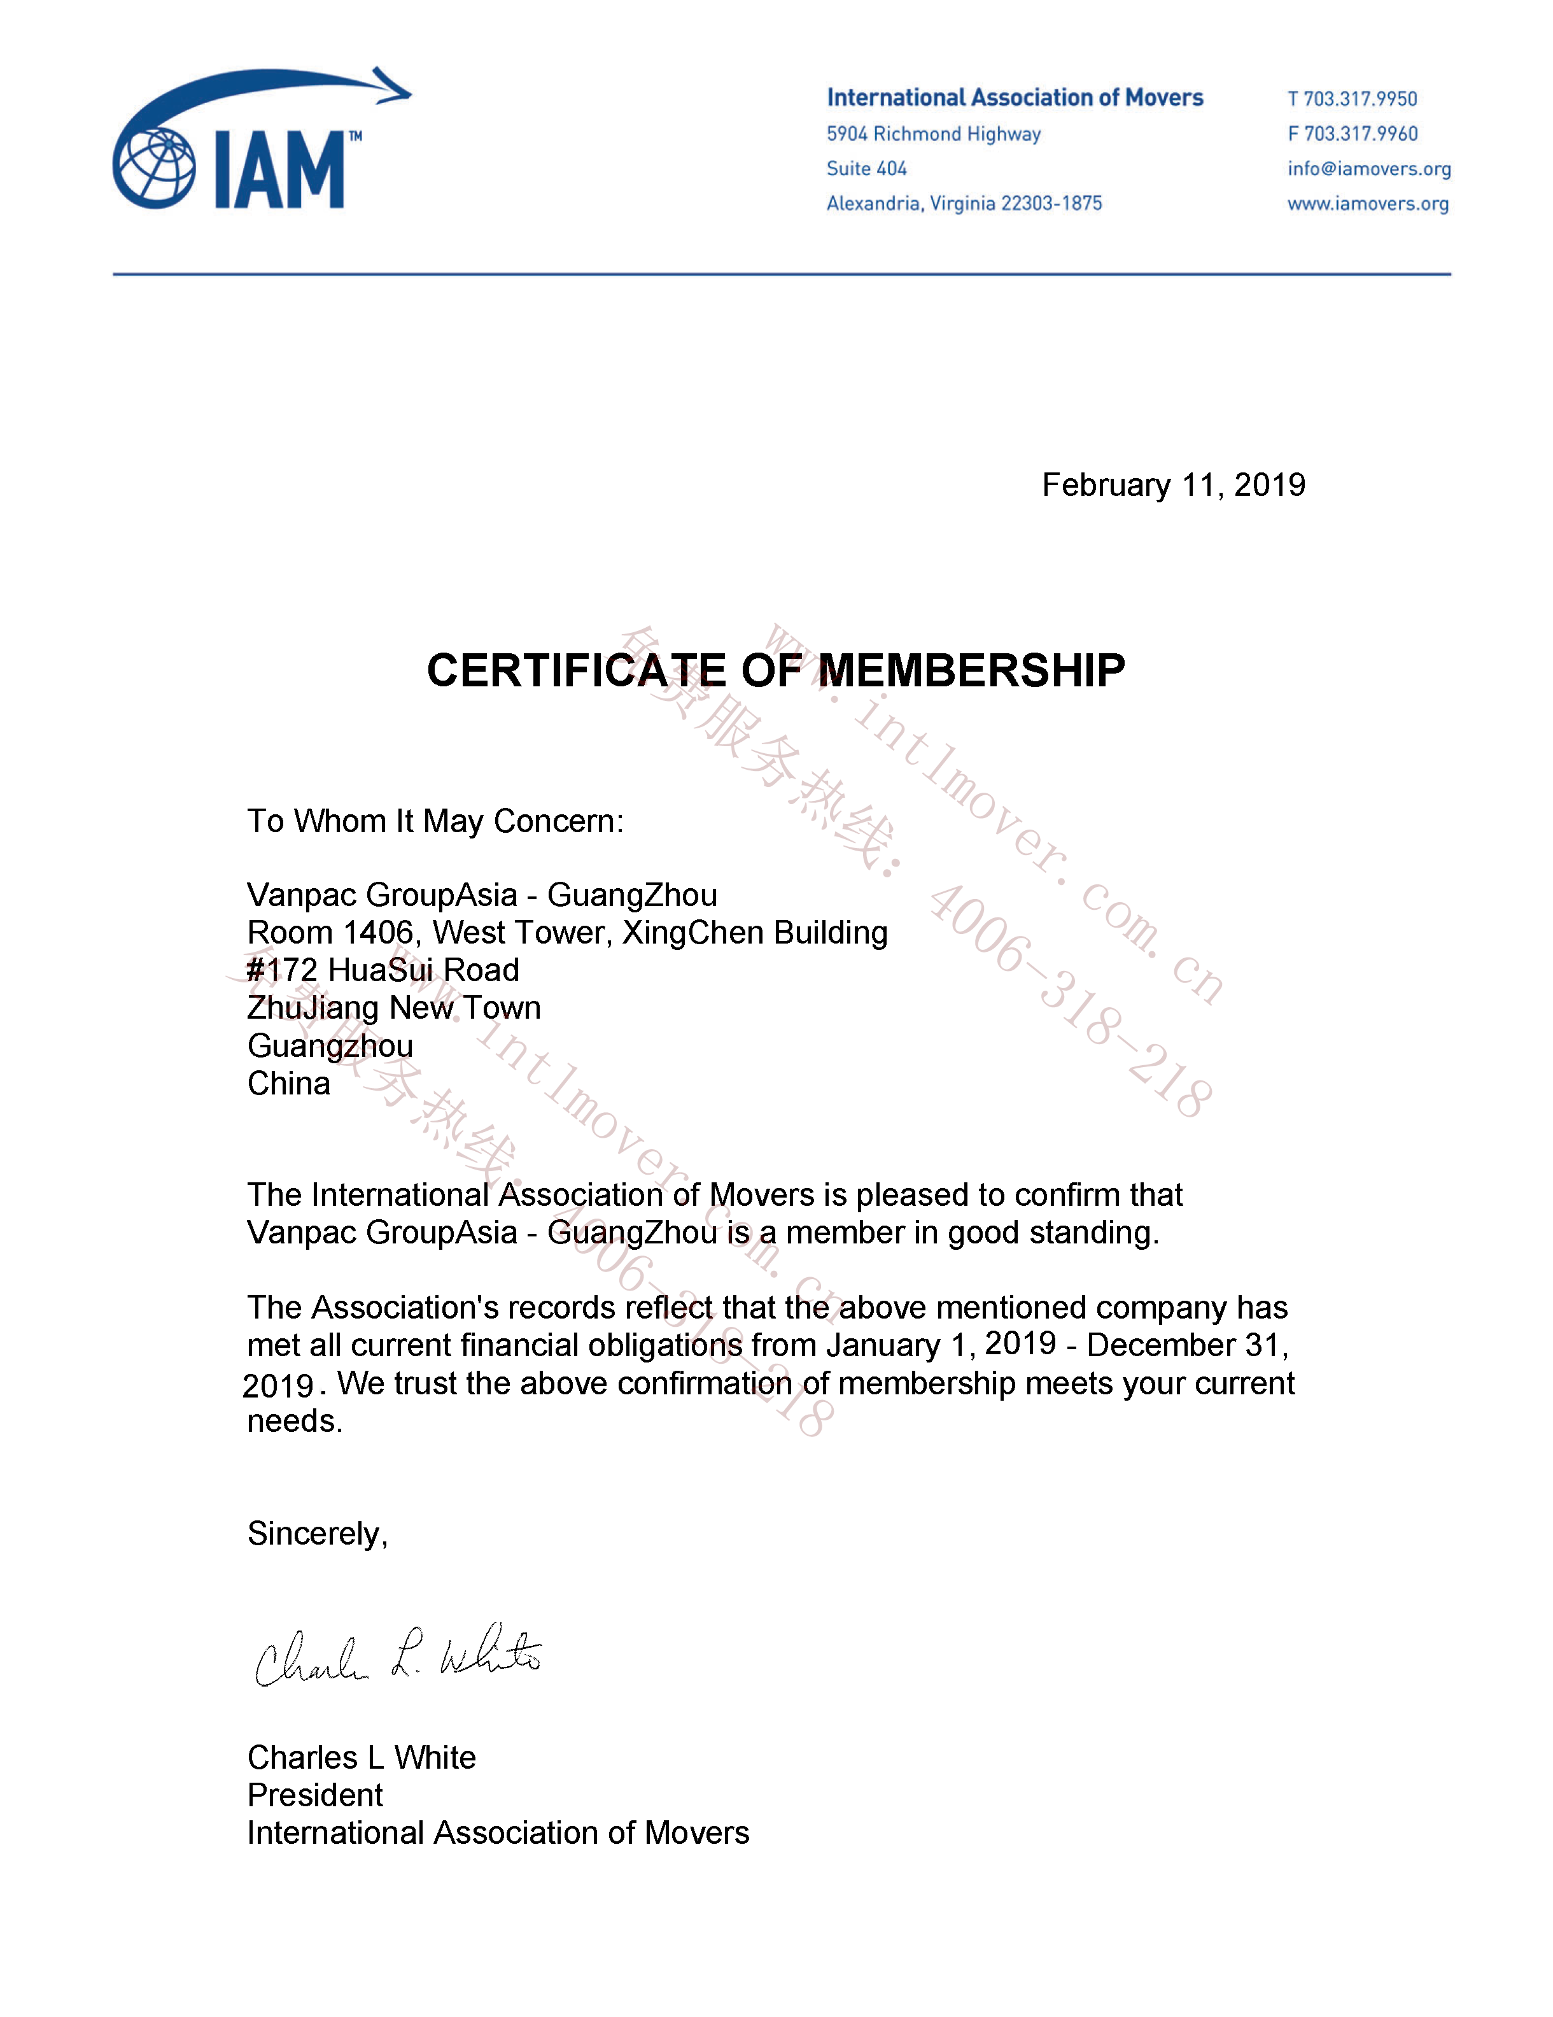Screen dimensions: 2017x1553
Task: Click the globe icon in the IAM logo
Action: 154,167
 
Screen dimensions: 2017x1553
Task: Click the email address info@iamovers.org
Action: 1368,169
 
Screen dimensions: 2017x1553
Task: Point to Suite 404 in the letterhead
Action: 866,169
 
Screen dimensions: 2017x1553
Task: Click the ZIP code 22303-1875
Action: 1051,203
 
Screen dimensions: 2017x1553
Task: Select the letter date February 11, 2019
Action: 1172,485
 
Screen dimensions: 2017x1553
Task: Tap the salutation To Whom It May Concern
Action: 435,821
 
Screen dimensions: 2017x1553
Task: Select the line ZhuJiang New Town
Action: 393,1008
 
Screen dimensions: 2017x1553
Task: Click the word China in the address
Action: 288,1083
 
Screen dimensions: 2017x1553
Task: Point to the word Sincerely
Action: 317,1534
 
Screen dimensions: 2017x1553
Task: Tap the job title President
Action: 315,1795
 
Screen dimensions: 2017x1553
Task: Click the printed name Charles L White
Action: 361,1757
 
